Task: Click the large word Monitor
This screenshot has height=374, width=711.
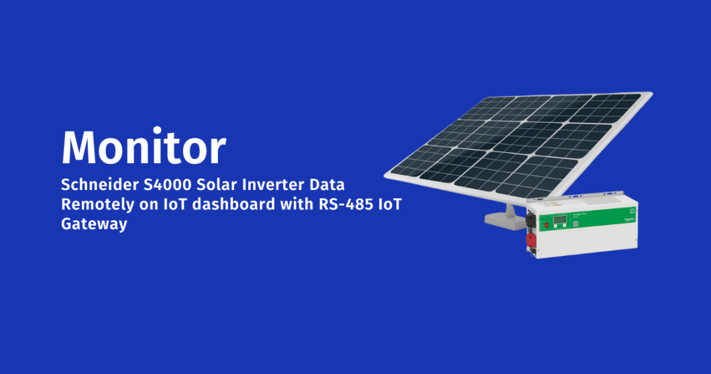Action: [144, 146]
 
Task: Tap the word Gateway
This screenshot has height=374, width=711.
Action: [94, 224]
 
